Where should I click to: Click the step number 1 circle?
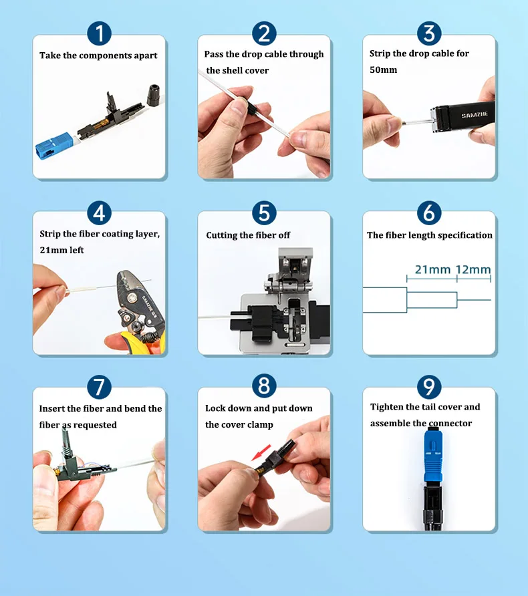coord(99,33)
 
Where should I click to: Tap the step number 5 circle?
coord(264,213)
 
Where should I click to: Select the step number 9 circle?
coord(429,388)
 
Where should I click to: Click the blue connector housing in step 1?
coord(54,145)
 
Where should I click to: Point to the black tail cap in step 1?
coord(154,95)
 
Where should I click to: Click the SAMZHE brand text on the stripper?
coord(475,115)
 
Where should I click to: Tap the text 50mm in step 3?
coord(383,69)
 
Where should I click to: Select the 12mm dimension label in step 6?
coord(473,269)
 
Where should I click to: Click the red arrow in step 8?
coord(261,452)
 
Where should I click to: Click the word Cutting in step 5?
coord(221,235)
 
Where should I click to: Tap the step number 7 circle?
coord(99,388)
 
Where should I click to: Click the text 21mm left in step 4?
coord(61,250)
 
